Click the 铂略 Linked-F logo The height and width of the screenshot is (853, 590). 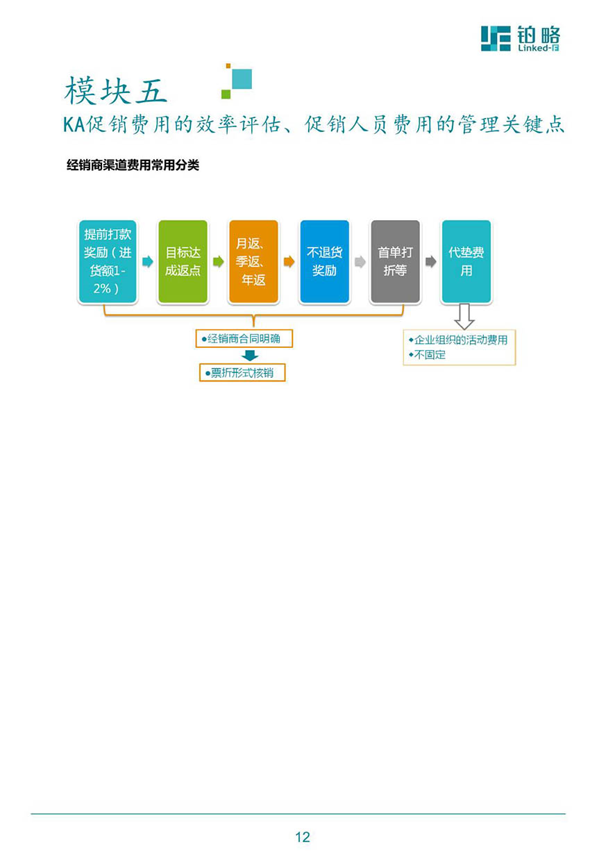point(521,38)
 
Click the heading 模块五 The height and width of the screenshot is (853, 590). point(115,90)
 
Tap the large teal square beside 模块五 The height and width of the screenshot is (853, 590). point(242,78)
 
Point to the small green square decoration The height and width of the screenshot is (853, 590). point(226,94)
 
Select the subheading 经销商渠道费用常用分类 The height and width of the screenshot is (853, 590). point(133,165)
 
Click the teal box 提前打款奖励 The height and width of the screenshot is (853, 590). point(108,261)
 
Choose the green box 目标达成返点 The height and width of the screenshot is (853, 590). point(183,261)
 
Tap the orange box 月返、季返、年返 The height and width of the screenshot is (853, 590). point(253,261)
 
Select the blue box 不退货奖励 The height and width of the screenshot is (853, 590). point(324,261)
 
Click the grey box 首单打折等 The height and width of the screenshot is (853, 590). point(395,261)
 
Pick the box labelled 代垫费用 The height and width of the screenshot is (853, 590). point(466,261)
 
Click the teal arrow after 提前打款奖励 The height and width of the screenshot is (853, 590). point(148,262)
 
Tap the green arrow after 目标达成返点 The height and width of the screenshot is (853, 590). point(218,262)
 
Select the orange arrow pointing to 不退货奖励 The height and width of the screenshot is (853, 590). point(289,262)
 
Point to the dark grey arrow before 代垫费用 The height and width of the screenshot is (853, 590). point(431,262)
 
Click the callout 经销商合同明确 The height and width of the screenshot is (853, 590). point(244,338)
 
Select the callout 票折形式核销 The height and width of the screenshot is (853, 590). point(242,372)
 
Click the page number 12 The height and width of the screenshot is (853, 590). point(303,836)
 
